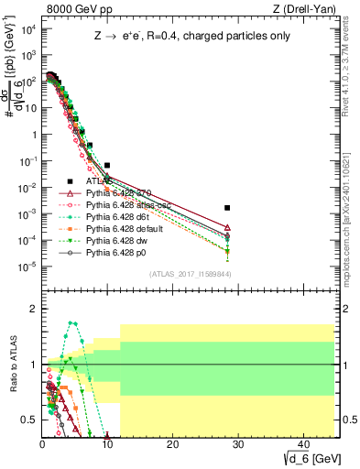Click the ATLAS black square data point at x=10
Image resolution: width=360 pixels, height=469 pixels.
click(107, 166)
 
